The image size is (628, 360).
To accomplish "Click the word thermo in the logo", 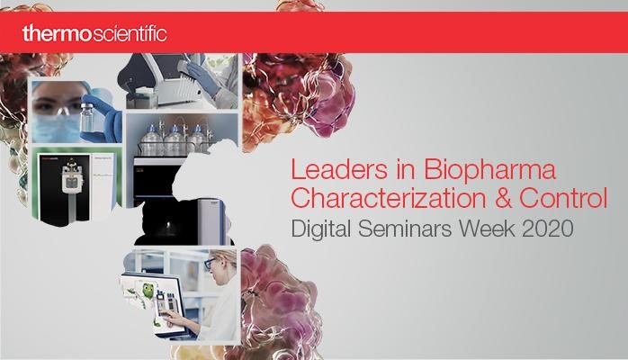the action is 57,33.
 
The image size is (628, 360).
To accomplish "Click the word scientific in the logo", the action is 130,33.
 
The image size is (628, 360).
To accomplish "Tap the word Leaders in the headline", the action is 339,169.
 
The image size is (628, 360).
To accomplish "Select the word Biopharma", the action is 489,171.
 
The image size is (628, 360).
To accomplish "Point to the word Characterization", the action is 388,198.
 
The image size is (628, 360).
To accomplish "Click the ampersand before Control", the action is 503,198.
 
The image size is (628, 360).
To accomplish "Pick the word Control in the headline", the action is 563,198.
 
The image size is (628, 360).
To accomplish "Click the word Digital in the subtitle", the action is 321,229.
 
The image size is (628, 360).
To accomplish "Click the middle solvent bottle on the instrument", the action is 175,140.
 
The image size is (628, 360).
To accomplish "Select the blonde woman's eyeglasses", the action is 211,263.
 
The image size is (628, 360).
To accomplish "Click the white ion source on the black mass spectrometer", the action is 72,178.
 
